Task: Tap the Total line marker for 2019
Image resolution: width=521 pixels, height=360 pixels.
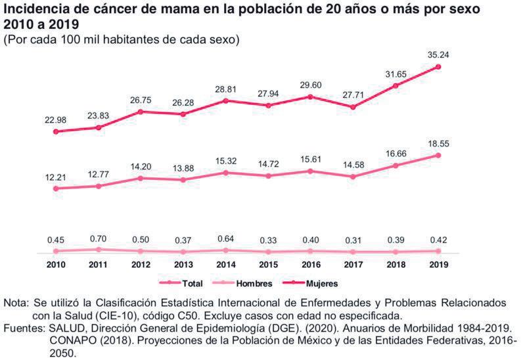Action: pos(438,155)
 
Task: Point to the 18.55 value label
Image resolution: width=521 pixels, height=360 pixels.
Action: pos(437,143)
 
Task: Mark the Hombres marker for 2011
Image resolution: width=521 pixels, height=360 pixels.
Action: pos(98,250)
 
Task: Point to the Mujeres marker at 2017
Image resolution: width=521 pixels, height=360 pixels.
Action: pos(353,107)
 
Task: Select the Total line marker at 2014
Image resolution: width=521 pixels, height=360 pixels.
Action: pos(226,173)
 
